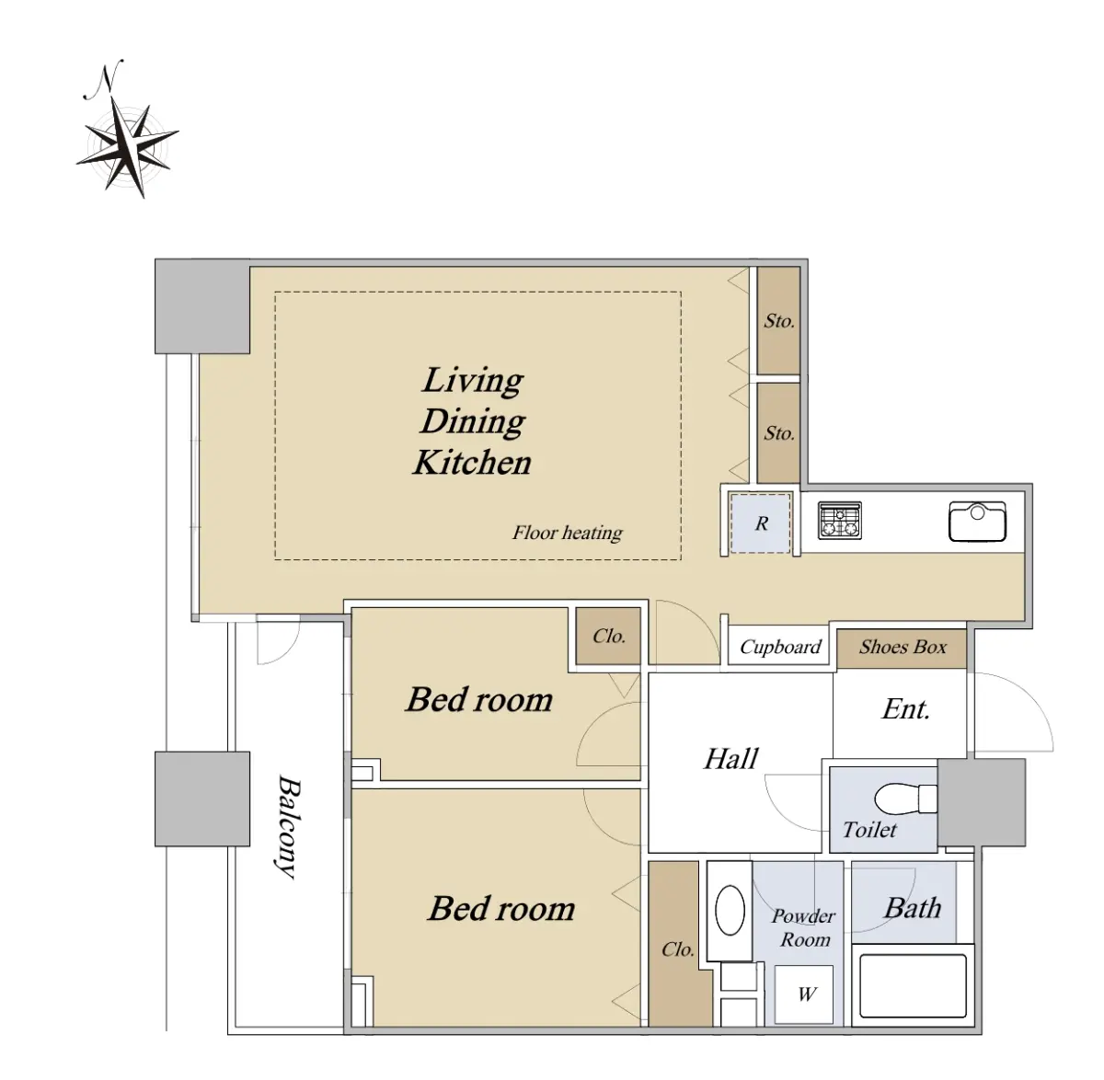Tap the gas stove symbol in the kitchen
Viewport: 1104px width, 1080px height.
[x=840, y=520]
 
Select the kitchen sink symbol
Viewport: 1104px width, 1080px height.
[x=977, y=522]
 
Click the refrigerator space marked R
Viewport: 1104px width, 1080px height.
[x=760, y=523]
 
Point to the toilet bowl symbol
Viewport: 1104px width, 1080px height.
[x=905, y=799]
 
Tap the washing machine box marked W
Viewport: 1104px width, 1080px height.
[x=804, y=994]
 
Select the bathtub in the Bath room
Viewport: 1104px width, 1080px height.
[x=913, y=985]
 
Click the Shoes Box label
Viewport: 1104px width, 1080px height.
[x=902, y=648]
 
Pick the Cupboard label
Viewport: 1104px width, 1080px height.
[x=780, y=648]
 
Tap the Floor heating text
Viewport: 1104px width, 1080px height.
[x=568, y=534]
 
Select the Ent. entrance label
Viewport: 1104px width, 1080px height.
[x=906, y=709]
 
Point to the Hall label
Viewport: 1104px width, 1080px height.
[x=730, y=759]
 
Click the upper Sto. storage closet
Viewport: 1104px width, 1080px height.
[x=779, y=320]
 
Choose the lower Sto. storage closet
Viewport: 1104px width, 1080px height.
[x=779, y=432]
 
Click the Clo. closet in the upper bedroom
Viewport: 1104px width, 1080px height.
[x=608, y=636]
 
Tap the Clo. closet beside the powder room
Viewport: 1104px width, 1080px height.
[x=678, y=948]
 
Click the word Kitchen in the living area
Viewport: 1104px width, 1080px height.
[x=472, y=463]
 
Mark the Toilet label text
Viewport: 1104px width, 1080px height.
[x=869, y=831]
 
